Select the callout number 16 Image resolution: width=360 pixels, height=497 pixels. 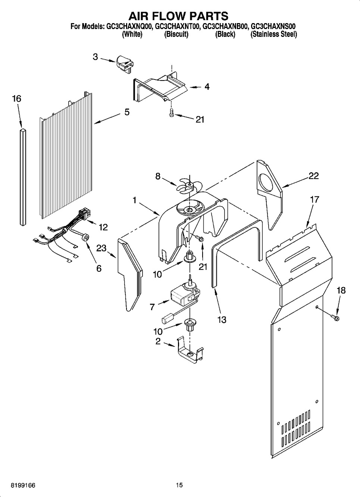point(17,98)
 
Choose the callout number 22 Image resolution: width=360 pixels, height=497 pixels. point(313,176)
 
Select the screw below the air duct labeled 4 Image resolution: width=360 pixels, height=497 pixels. point(171,113)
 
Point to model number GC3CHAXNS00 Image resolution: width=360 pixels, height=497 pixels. point(273,27)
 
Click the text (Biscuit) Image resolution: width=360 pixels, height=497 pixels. point(176,35)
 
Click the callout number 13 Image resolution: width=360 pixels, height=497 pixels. point(222,320)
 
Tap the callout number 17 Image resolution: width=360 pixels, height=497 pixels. point(314,199)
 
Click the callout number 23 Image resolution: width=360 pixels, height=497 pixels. point(101,248)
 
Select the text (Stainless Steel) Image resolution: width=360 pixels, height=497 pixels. point(273,35)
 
